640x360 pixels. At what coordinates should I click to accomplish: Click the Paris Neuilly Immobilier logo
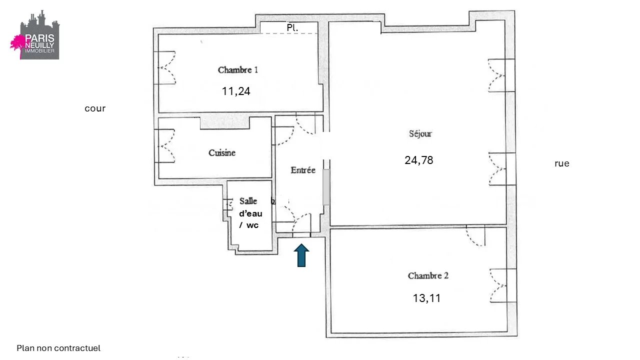[35, 35]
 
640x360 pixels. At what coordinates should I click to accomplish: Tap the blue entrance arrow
[301, 255]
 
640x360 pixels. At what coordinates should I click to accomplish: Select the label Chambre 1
[237, 70]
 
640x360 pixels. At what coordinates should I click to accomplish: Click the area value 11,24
[236, 91]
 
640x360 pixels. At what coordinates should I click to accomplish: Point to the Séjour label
[420, 133]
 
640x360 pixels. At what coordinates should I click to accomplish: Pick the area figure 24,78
[419, 160]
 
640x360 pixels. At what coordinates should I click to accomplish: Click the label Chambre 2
[428, 275]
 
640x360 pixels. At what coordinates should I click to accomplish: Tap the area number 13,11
[426, 298]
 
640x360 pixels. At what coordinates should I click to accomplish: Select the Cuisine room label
[222, 153]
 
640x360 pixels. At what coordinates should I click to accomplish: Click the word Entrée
[303, 170]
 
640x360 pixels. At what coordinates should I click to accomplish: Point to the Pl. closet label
[292, 27]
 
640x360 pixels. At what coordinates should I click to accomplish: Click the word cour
[95, 108]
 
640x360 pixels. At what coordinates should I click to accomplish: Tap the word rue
[562, 163]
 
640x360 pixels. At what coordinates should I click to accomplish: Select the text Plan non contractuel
[58, 348]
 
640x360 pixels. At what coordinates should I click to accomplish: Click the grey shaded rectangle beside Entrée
[326, 187]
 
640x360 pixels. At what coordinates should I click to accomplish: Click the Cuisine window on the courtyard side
[164, 146]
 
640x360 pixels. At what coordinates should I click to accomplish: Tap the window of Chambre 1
[165, 67]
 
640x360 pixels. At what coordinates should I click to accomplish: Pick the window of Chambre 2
[503, 285]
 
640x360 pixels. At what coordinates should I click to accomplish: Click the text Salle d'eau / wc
[250, 213]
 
